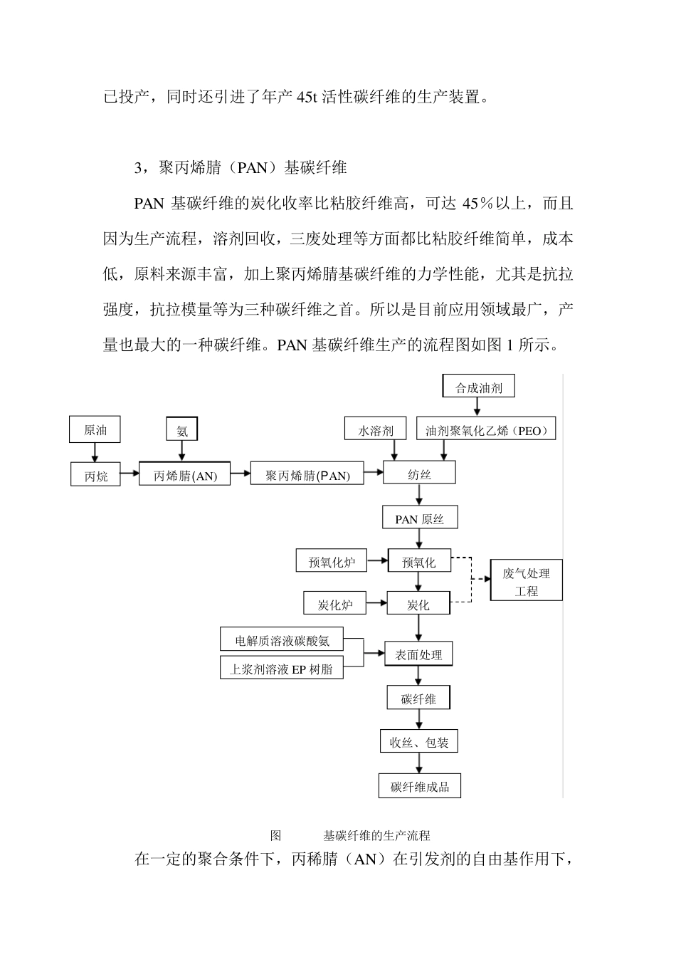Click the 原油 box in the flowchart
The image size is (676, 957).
[95, 430]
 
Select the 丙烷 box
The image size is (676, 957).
[95, 475]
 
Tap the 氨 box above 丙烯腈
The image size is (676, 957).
[182, 429]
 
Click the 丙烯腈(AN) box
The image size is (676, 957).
[185, 475]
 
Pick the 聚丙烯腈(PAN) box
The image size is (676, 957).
[307, 475]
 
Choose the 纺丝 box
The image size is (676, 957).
[419, 474]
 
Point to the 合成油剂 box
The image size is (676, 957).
[478, 387]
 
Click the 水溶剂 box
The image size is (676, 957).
[375, 430]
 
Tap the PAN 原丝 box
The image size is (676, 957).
[419, 518]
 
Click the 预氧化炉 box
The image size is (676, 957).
[332, 562]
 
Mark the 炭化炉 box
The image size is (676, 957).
[335, 605]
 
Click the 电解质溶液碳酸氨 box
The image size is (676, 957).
[282, 640]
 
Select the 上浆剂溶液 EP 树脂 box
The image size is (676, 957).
[282, 669]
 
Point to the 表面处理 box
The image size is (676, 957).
[418, 654]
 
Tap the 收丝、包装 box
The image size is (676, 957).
[418, 743]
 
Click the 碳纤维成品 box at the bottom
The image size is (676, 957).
[420, 786]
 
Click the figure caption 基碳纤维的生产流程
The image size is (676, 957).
[376, 835]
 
